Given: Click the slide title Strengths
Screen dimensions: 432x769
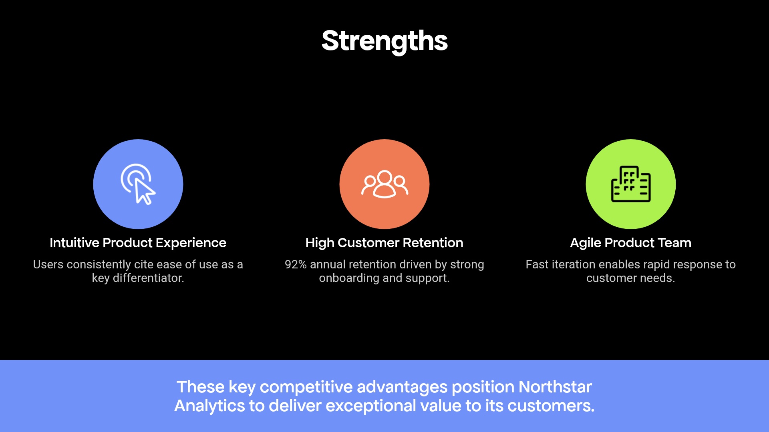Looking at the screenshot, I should (384, 41).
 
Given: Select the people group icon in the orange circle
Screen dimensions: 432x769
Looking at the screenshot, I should (384, 184).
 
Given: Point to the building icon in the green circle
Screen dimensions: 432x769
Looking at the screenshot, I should (631, 184).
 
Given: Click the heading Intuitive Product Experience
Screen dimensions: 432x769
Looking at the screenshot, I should (138, 243).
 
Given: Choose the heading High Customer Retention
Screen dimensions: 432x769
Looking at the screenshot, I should (384, 243).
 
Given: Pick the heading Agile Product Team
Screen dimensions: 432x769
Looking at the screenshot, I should (630, 243).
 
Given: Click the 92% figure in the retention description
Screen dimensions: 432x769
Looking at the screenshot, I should (296, 264).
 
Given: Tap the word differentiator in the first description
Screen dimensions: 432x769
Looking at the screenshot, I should (148, 278).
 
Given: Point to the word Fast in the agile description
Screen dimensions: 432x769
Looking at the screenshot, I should (537, 264).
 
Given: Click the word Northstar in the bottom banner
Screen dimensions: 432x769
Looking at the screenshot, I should (555, 387).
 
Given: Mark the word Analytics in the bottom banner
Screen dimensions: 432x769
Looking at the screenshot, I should (210, 406).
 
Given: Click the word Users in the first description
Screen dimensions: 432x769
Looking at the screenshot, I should (48, 264).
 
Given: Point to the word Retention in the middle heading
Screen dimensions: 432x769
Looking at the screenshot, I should (433, 243).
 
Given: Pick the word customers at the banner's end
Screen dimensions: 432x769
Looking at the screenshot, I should (551, 406).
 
